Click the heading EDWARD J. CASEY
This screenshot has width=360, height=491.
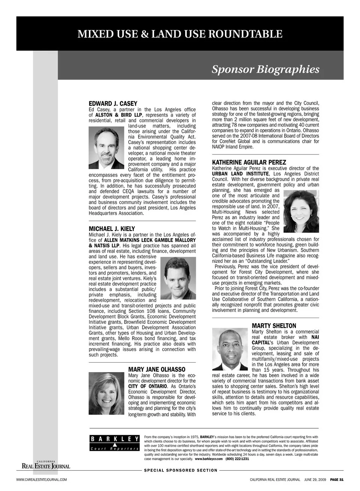coord(113,104)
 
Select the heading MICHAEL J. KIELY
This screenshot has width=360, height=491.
coord(112,229)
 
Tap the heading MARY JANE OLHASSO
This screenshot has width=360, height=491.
coord(157,369)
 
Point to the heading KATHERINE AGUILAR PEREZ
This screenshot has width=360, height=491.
coord(249,162)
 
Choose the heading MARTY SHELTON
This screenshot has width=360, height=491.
coord(274,326)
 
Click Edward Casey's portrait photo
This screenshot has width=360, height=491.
coord(106,148)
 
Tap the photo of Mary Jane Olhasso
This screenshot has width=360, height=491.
coord(106,393)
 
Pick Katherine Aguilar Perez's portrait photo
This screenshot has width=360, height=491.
coord(301,211)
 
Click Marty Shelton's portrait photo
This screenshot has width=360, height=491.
coord(230,350)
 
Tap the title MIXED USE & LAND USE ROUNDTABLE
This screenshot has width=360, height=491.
coord(180,34)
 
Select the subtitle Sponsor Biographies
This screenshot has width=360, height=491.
coord(265,69)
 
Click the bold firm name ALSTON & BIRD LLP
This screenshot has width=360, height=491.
coord(118,115)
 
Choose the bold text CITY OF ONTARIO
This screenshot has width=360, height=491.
coord(147,386)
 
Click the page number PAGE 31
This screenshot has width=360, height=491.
coord(337,479)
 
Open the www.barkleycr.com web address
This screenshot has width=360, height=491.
coord(209,459)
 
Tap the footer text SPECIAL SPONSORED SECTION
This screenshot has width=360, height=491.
coord(181,470)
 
